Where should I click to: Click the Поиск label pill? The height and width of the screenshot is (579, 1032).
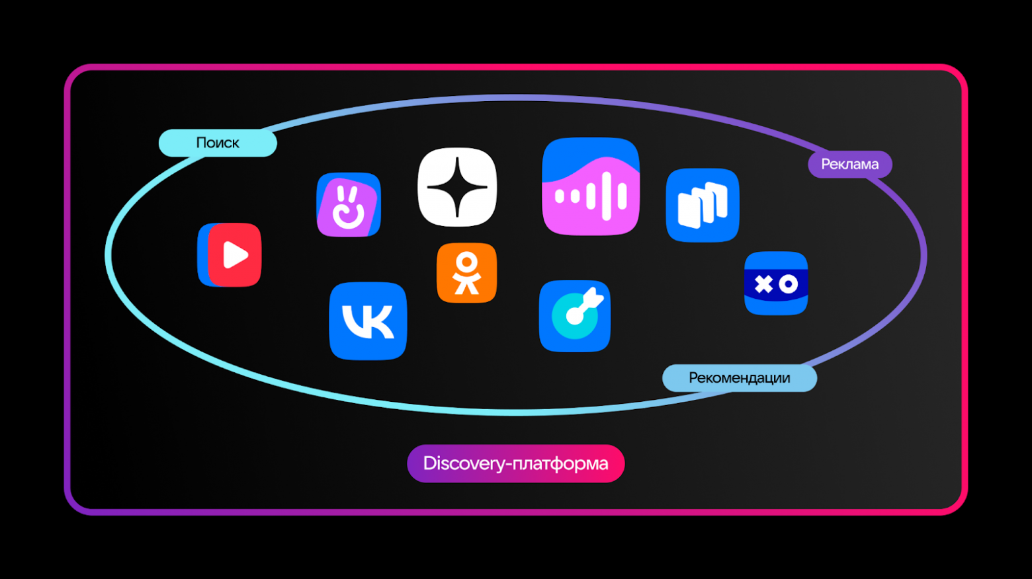(218, 143)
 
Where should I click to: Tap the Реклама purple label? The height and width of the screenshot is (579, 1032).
(850, 165)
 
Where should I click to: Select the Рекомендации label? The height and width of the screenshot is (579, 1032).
(740, 378)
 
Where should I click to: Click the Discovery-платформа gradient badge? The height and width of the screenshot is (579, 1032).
(516, 463)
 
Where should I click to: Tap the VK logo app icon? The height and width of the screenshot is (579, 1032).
(368, 321)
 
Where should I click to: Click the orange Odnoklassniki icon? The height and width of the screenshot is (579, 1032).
(466, 273)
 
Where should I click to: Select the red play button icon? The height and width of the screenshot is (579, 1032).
(230, 255)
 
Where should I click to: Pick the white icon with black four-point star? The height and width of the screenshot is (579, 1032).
(458, 187)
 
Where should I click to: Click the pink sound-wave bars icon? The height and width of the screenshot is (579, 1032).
(591, 186)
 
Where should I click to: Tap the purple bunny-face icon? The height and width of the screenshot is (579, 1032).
(349, 205)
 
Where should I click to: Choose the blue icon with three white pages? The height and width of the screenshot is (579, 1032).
(703, 206)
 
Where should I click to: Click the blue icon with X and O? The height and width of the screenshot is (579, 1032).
(776, 284)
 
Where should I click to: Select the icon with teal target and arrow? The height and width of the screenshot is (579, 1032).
(575, 316)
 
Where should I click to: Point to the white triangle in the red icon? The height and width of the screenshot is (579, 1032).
(235, 255)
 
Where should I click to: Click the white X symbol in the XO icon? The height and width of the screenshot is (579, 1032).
(763, 284)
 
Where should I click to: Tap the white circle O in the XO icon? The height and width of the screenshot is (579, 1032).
(789, 284)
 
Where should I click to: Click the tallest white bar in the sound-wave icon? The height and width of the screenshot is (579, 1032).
(607, 196)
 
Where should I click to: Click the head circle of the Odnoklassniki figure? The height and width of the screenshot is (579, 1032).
(466, 262)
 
